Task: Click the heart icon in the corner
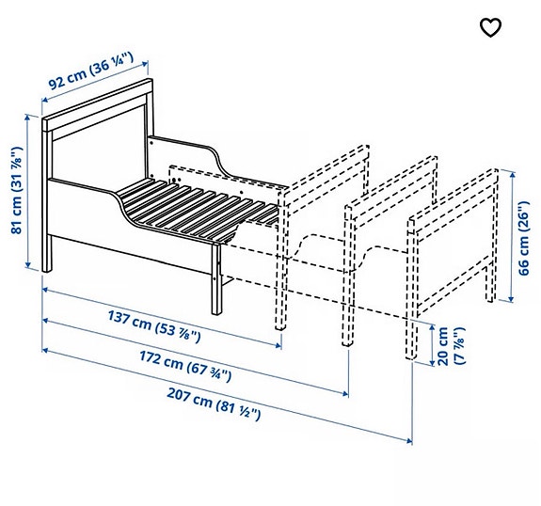pyautogui.click(x=490, y=27)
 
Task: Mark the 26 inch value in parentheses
pyautogui.click(x=525, y=218)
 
